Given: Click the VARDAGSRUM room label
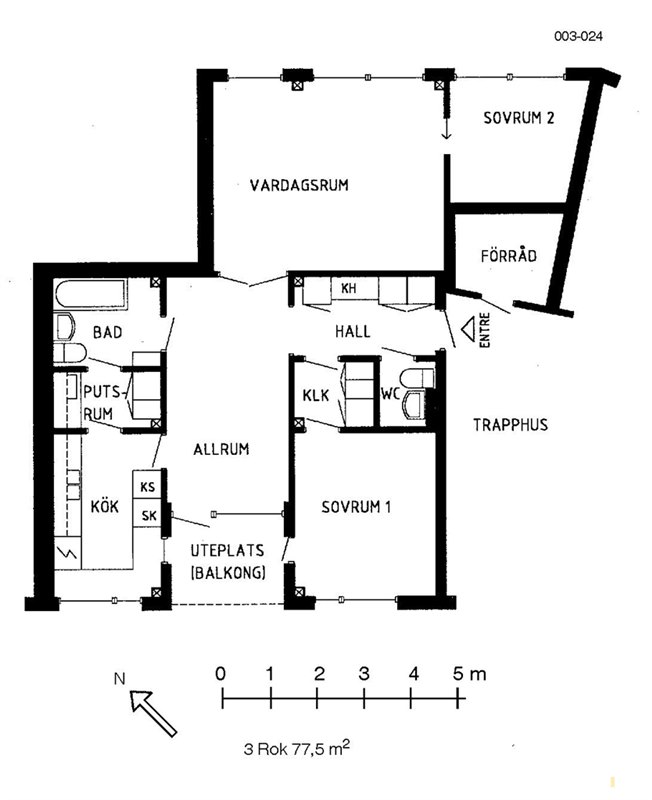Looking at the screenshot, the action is [299, 185].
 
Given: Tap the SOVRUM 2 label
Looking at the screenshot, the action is [518, 118].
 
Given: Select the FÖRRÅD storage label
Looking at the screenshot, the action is [509, 255].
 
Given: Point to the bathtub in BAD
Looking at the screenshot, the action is [91, 294].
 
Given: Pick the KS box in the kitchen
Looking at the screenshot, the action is [147, 486].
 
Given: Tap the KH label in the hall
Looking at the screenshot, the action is [348, 288].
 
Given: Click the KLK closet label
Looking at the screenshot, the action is [316, 395].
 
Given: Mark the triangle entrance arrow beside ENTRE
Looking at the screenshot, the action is [469, 329].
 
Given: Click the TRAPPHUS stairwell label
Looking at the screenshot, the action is [510, 424].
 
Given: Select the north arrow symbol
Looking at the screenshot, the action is [153, 712].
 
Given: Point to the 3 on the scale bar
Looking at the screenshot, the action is [364, 674].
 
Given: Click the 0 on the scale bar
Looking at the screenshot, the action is [220, 674].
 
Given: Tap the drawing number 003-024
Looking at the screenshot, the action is [578, 36].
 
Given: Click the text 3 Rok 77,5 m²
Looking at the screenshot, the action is [296, 748].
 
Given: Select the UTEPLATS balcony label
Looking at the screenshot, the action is [228, 551].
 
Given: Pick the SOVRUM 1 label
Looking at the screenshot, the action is [357, 507].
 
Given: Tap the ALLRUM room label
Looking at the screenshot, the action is [221, 449].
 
